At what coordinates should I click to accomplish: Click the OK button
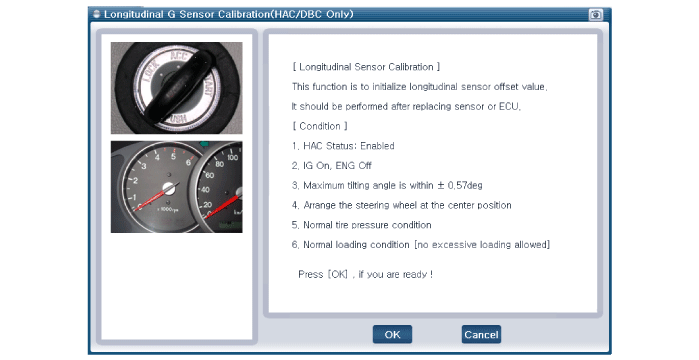pyautogui.click(x=392, y=335)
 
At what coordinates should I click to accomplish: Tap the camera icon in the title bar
pyautogui.click(x=596, y=15)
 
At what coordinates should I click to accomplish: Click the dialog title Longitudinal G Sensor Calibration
pyautogui.click(x=229, y=14)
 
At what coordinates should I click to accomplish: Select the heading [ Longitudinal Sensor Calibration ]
pyautogui.click(x=366, y=67)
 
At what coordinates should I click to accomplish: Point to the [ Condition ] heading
pyautogui.click(x=320, y=126)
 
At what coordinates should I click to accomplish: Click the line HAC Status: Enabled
pyautogui.click(x=343, y=146)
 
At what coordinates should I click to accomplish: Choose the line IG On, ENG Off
pyautogui.click(x=332, y=166)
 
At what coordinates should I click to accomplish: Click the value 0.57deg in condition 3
pyautogui.click(x=465, y=185)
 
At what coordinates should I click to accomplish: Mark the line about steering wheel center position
pyautogui.click(x=402, y=205)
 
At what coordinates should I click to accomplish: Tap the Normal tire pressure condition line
pyautogui.click(x=362, y=225)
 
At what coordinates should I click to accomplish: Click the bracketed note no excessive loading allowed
pyautogui.click(x=482, y=245)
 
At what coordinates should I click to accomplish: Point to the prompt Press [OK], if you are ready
pyautogui.click(x=366, y=274)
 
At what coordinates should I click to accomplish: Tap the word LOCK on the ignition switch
pyautogui.click(x=151, y=70)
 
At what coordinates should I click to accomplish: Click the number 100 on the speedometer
pyautogui.click(x=232, y=157)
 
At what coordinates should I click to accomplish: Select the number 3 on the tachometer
pyautogui.click(x=144, y=166)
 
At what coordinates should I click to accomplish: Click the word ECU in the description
pyautogui.click(x=509, y=106)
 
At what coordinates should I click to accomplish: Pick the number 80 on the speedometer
pyautogui.click(x=219, y=164)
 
